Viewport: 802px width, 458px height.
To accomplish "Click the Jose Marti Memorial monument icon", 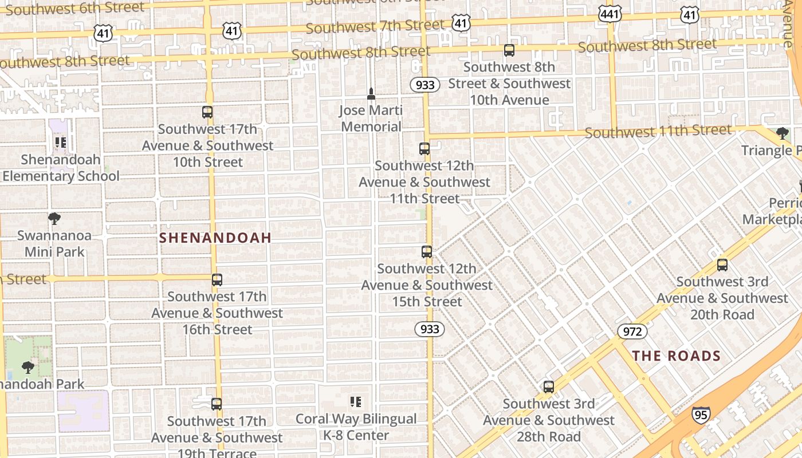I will point(371,94).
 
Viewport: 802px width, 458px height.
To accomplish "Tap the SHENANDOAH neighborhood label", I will point(215,238).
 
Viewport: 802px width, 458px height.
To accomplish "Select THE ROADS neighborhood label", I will point(676,356).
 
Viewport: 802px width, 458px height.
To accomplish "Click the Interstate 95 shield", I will point(701,414).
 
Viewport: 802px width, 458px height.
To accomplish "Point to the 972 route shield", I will point(632,331).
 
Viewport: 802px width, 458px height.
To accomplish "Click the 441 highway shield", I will point(610,14).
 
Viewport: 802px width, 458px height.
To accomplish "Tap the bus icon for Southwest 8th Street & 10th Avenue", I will point(509,50).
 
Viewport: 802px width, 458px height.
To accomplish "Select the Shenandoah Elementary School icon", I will point(60,143).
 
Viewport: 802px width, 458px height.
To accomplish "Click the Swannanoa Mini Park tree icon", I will point(54,219).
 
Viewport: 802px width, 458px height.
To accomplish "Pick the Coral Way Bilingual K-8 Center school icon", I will point(355,402).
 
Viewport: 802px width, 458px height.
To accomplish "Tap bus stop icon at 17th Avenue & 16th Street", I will point(217,280).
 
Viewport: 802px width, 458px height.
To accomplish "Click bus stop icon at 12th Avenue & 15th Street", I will point(427,252).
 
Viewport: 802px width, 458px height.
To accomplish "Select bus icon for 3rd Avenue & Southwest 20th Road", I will point(722,265).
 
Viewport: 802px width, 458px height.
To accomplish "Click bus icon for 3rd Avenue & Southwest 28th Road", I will point(549,387).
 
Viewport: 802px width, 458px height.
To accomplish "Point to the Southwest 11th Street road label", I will point(658,132).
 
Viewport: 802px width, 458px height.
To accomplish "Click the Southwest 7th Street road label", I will point(375,26).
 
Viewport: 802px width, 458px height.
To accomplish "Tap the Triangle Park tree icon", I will point(783,134).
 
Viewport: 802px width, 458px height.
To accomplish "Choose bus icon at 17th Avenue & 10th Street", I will point(207,112).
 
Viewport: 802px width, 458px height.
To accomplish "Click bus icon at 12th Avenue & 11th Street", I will point(424,149).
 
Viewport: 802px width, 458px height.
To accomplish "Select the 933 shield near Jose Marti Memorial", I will point(424,85).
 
